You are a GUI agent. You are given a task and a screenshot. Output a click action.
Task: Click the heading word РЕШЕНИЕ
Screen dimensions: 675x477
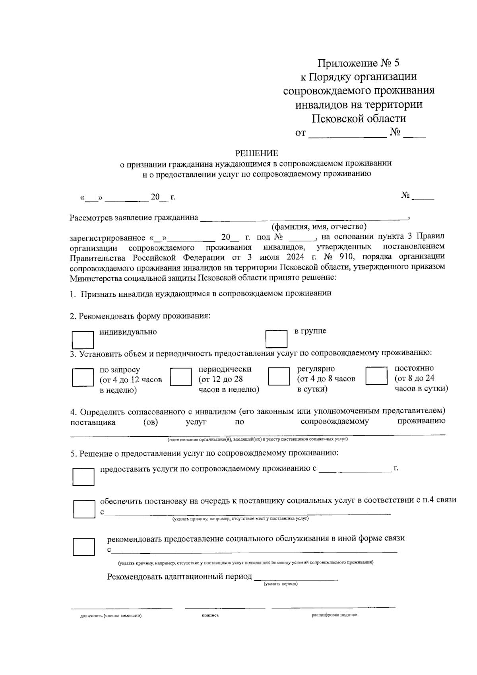pyautogui.click(x=257, y=153)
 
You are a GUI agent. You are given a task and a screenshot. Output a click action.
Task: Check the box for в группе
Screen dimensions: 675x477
pyautogui.click(x=276, y=339)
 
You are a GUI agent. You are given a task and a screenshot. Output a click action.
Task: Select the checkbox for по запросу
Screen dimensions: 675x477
pyautogui.click(x=83, y=377)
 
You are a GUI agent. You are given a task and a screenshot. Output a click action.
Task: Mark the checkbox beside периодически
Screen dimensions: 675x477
pyautogui.click(x=181, y=376)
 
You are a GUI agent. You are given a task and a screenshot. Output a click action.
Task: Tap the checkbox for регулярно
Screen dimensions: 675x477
pyautogui.click(x=279, y=376)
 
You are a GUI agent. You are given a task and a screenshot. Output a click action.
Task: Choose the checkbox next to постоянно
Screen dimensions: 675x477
pyautogui.click(x=376, y=375)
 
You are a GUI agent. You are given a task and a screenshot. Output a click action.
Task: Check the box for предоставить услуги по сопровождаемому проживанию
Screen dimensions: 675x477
pyautogui.click(x=83, y=477)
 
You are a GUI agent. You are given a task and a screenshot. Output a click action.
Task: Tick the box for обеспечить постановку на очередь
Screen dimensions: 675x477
pyautogui.click(x=84, y=509)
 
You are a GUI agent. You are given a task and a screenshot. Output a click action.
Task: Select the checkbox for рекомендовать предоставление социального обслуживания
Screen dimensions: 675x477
pyautogui.click(x=83, y=547)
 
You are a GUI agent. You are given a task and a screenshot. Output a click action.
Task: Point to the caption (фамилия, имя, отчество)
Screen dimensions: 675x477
pyautogui.click(x=319, y=227)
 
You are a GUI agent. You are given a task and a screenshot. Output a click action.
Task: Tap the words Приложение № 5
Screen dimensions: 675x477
pyautogui.click(x=358, y=63)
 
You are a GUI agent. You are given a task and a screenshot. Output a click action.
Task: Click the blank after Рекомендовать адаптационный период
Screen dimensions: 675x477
pyautogui.click(x=296, y=577)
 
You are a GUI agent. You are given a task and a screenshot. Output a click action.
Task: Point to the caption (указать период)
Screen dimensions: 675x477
pyautogui.click(x=281, y=584)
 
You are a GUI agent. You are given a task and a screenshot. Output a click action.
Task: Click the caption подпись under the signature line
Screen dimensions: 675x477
pyautogui.click(x=210, y=615)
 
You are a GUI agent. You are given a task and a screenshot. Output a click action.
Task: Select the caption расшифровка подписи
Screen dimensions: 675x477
pyautogui.click(x=334, y=615)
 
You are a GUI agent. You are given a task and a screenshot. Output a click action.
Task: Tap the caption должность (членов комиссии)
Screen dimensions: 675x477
pyautogui.click(x=111, y=616)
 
